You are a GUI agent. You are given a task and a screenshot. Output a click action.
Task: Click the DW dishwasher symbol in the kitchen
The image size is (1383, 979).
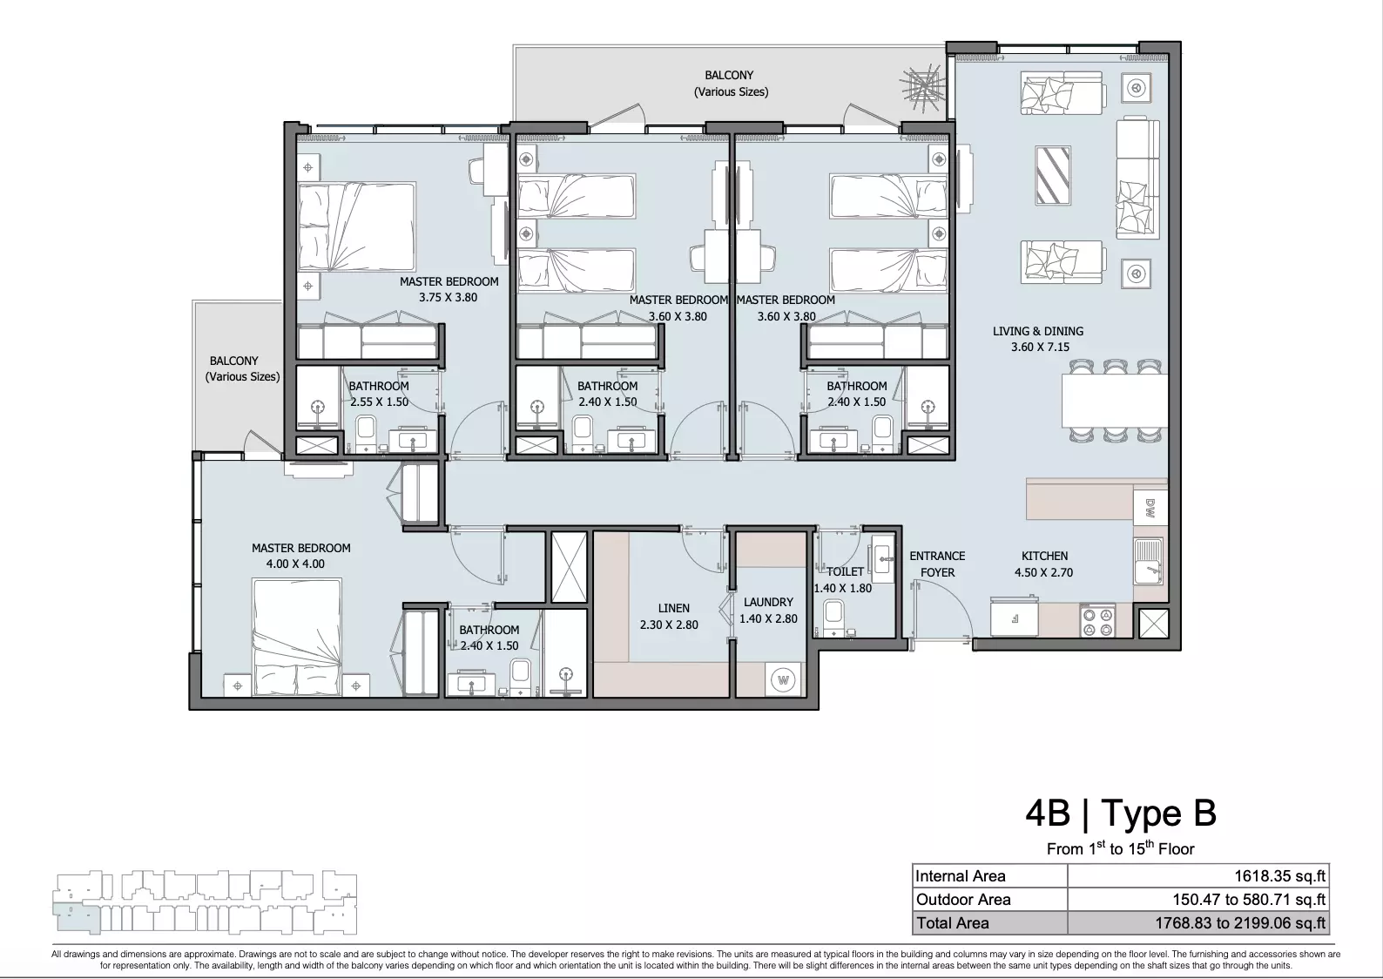tap(1150, 508)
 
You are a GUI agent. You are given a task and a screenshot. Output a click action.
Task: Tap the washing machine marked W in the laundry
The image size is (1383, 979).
tap(784, 680)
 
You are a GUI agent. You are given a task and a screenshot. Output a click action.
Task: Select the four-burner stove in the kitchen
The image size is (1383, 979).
tap(1097, 621)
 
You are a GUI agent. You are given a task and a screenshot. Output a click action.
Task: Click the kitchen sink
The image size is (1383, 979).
tap(1148, 561)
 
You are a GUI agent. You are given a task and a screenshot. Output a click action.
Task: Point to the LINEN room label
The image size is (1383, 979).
tap(673, 608)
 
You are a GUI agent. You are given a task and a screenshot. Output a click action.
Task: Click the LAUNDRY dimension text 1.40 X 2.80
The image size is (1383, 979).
tap(768, 618)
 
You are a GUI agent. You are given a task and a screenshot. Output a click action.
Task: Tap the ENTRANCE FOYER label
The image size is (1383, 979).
tap(937, 564)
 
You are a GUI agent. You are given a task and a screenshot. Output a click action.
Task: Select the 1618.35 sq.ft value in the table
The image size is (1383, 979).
tap(1280, 876)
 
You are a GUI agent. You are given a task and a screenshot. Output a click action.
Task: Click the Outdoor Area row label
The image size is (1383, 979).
tap(963, 900)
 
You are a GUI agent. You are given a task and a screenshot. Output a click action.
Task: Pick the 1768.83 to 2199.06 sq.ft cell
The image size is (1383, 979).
tap(1240, 922)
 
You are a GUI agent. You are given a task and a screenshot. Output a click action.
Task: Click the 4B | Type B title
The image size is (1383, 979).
tap(1121, 813)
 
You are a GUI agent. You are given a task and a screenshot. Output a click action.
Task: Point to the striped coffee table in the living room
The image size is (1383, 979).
tap(1053, 175)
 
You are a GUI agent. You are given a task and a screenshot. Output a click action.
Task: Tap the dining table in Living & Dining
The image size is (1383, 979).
tap(1115, 401)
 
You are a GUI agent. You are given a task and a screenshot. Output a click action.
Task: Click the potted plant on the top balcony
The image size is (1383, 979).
tap(921, 88)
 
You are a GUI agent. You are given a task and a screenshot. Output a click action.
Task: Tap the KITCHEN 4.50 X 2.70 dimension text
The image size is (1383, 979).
tap(1043, 572)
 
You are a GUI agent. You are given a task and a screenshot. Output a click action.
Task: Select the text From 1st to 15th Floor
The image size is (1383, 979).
tap(1121, 848)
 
